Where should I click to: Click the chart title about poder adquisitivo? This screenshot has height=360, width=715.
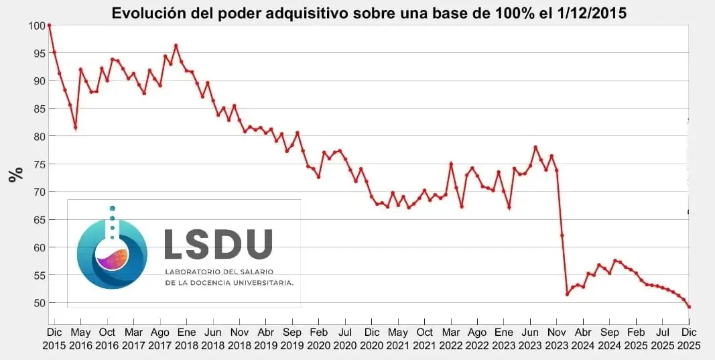pos(369,13)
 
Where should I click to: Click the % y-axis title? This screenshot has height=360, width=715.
pos(15,174)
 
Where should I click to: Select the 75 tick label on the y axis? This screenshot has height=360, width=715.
pos(37,164)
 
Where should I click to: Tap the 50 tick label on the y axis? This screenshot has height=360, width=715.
pos(37,303)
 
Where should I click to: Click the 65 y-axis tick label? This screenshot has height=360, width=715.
pos(37,220)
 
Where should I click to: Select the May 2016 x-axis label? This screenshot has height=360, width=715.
pos(80,338)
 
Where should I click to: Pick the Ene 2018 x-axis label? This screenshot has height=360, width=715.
pos(186,338)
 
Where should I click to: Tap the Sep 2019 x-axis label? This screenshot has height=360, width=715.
pos(292,338)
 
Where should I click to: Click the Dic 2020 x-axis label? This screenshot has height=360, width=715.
pos(371,338)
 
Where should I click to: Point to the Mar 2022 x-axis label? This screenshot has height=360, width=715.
pos(450,338)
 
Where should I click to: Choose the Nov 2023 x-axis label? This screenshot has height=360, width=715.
pos(556,338)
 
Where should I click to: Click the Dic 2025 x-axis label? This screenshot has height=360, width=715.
pos(689,338)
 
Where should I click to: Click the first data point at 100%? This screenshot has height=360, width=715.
pos(49,25)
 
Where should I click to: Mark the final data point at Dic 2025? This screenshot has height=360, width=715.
pos(689,307)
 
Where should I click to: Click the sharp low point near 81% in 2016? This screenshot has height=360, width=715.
pos(75,127)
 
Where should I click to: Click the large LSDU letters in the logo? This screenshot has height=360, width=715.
pos(218,244)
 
